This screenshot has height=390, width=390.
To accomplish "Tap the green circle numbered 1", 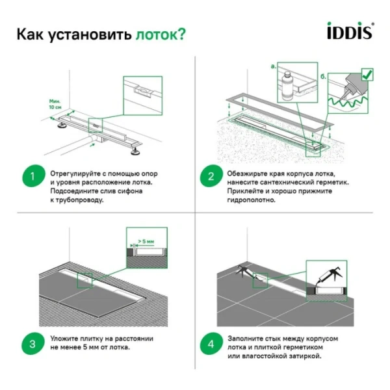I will (x=31, y=177).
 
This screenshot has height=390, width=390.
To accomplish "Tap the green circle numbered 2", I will (x=211, y=177).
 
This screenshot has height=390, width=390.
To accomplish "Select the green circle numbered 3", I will (x=31, y=343).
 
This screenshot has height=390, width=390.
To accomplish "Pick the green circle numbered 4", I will (x=211, y=343).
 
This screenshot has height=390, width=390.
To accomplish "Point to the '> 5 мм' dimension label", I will (x=146, y=242).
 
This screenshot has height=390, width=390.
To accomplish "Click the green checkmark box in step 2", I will (x=367, y=75).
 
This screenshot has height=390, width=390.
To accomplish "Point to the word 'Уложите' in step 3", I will (x=64, y=339).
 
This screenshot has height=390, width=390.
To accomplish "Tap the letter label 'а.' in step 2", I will (x=272, y=66).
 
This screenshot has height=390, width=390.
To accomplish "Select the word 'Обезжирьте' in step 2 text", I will (x=250, y=174).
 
